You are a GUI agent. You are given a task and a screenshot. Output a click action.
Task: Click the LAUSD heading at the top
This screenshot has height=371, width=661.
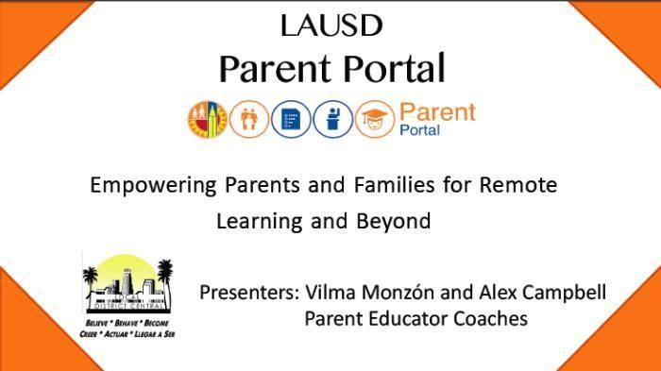[x=330, y=25]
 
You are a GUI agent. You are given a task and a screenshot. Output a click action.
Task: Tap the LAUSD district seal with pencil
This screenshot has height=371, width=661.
[x=207, y=119]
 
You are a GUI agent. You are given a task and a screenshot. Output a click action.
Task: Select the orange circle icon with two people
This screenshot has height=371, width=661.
[x=248, y=119]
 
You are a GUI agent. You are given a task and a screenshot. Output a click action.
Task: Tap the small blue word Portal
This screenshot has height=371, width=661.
[x=420, y=130]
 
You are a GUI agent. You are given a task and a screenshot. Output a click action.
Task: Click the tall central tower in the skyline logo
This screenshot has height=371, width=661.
[x=129, y=282]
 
